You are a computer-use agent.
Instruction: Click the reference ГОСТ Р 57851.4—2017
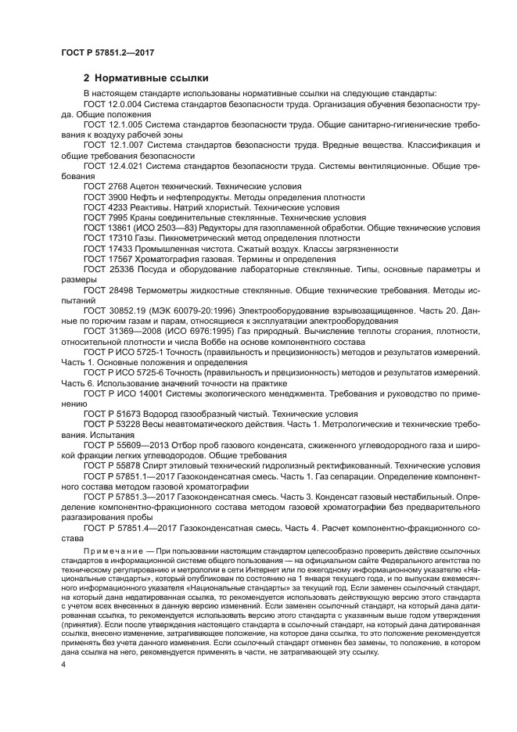pyautogui.click(x=131, y=528)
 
